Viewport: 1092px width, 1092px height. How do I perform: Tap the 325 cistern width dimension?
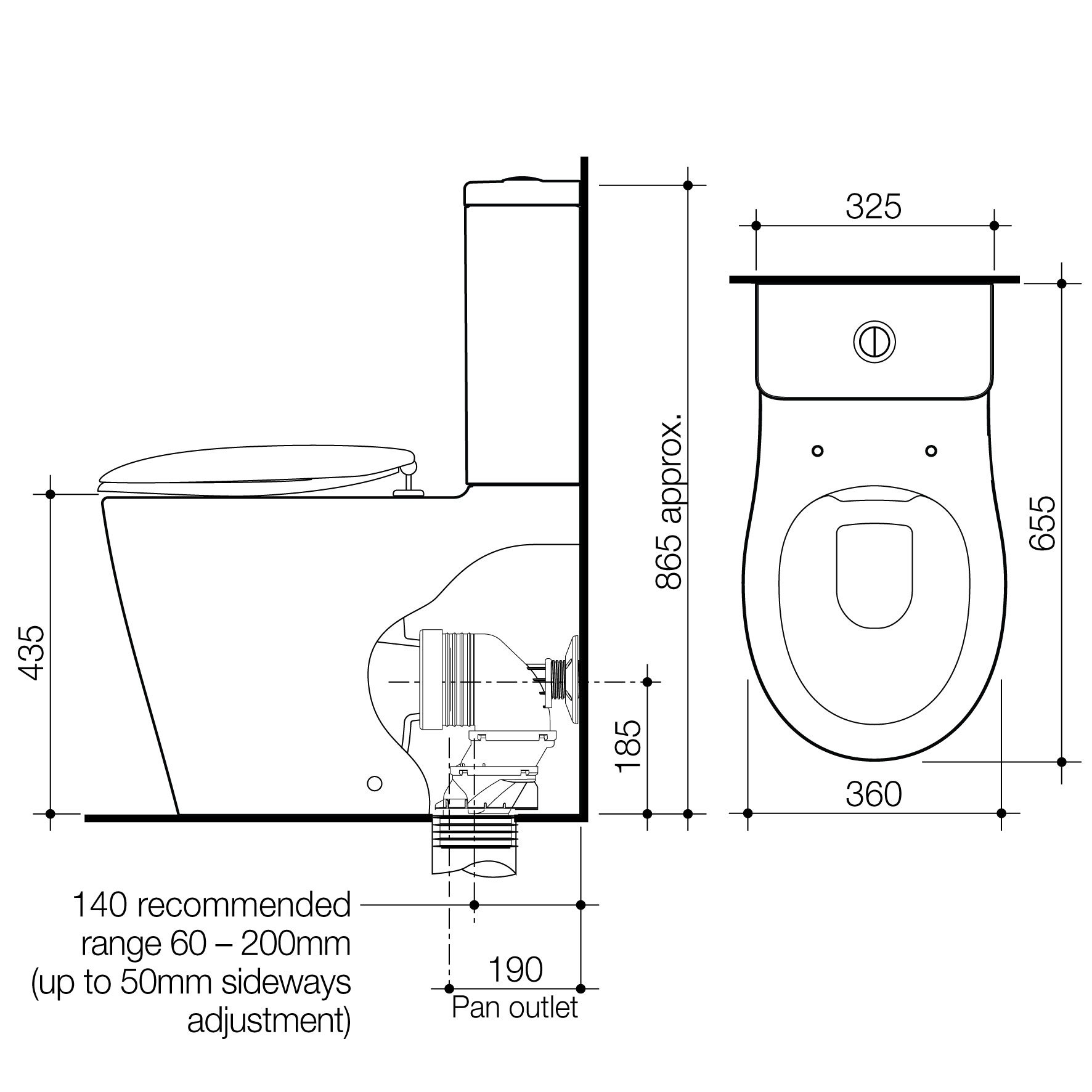[873, 207]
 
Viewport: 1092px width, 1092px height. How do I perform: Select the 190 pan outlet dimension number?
[515, 969]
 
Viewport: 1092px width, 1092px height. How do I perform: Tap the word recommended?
[243, 905]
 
